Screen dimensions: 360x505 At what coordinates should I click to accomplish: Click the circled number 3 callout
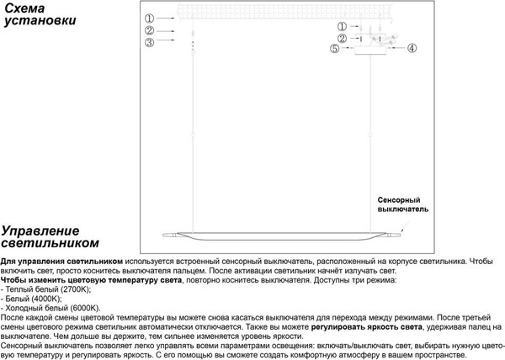pos(148,41)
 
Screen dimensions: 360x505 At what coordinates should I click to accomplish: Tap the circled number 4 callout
pos(412,49)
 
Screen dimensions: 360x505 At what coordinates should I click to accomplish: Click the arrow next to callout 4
pos(396,49)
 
